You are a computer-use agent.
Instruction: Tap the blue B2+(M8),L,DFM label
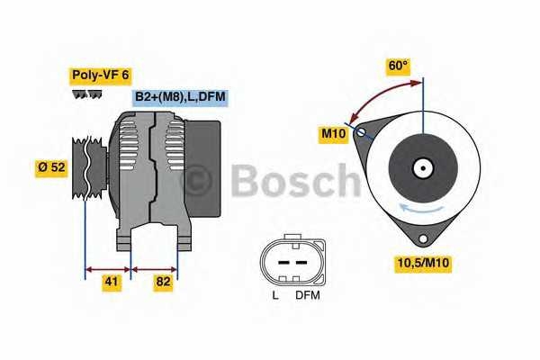click(x=180, y=97)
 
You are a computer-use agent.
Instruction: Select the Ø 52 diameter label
click(x=50, y=166)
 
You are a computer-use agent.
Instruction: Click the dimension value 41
click(x=111, y=283)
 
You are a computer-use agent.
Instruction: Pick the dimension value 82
click(x=162, y=283)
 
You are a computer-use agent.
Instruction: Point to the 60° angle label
click(x=398, y=66)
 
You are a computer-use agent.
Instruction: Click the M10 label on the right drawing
click(x=335, y=134)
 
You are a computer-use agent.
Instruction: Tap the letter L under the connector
click(x=275, y=294)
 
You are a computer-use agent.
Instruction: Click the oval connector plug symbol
click(x=290, y=262)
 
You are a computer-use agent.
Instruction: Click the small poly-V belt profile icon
click(x=87, y=94)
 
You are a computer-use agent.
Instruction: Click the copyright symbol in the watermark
click(x=196, y=183)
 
